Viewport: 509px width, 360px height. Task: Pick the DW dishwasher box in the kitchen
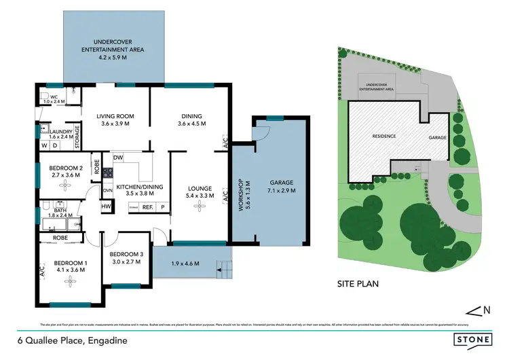tap(118, 158)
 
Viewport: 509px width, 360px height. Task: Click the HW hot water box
tap(107, 206)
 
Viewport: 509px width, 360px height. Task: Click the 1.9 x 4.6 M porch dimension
tap(186, 264)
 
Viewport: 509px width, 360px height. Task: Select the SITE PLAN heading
tap(358, 284)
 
